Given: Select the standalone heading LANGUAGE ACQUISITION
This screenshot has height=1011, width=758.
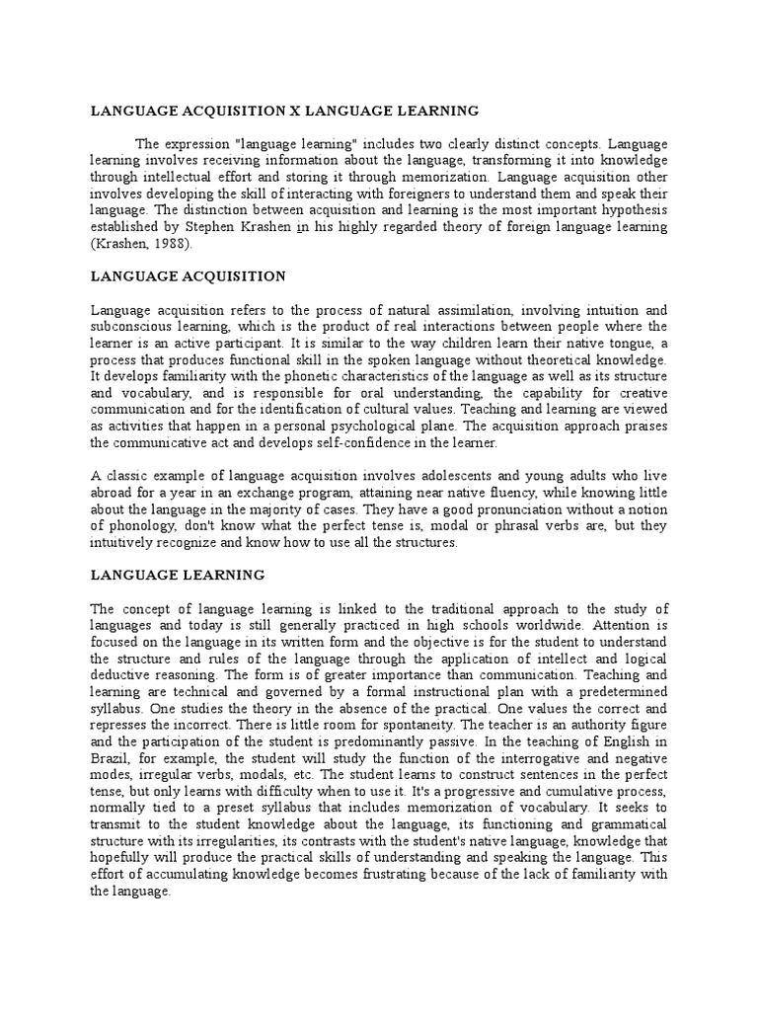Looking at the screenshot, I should [188, 276].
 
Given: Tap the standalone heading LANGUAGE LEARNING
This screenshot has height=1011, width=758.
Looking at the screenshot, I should [177, 574].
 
